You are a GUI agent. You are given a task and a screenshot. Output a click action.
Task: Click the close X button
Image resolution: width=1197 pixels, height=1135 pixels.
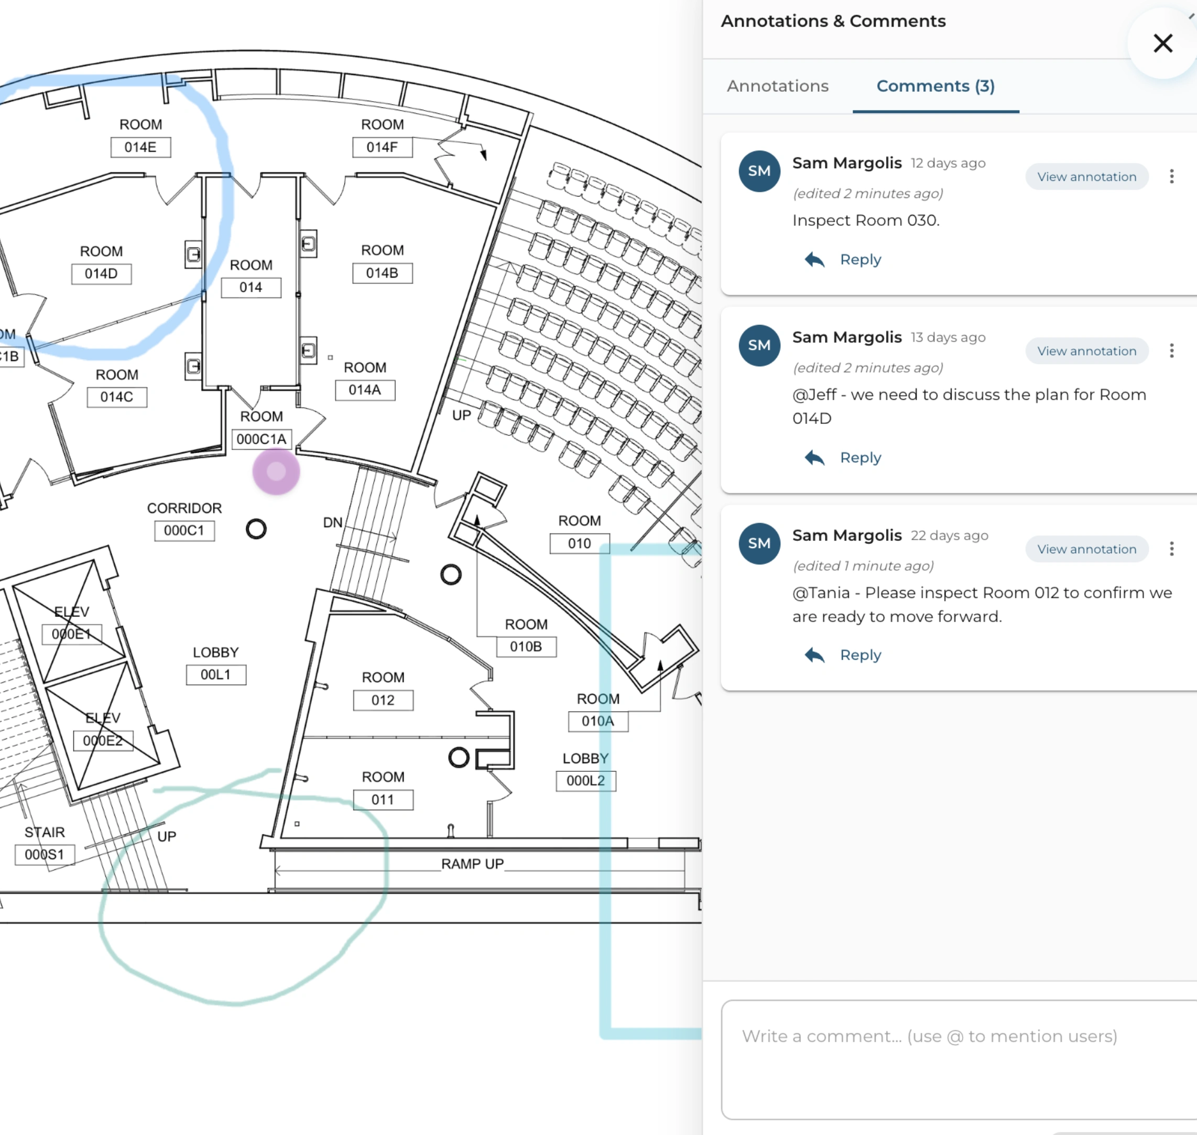point(1162,43)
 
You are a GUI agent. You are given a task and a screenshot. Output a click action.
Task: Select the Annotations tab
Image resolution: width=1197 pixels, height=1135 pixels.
point(778,86)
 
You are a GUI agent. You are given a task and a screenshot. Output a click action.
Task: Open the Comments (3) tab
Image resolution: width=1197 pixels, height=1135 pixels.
point(935,86)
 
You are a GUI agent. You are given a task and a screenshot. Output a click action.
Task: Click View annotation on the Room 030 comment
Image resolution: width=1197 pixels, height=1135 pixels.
point(1087,177)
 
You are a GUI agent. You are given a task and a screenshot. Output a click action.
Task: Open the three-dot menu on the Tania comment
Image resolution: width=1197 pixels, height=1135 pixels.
point(1172,549)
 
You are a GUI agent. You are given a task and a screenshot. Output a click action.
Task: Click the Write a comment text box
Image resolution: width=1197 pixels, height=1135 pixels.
point(959,1059)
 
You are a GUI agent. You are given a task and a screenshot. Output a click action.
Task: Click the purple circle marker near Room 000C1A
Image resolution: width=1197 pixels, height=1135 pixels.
point(276,471)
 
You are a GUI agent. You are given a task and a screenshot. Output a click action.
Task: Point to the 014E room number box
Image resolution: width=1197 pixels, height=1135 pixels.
point(140,147)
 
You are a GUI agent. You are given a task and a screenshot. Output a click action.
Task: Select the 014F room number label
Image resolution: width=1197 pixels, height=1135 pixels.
point(383,147)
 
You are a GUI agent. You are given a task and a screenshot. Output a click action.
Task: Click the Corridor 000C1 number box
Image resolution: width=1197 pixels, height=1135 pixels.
point(184,531)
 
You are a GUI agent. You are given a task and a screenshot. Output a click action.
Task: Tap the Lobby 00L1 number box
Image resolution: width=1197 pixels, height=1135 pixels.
point(216,674)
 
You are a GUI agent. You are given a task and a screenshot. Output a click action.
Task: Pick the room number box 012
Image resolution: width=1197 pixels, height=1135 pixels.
point(383,700)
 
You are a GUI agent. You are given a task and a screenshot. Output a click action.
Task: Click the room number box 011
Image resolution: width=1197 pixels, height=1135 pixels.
point(383,800)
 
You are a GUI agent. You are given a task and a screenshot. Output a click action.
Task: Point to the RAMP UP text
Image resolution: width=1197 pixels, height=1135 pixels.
point(473,864)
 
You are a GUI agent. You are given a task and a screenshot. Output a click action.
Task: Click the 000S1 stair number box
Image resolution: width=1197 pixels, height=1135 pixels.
point(45,855)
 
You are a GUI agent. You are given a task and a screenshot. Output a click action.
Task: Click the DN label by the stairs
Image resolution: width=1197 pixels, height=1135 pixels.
point(333,522)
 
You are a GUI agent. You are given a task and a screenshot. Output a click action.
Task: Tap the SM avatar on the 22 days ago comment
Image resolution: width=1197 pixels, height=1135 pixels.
point(759,543)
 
